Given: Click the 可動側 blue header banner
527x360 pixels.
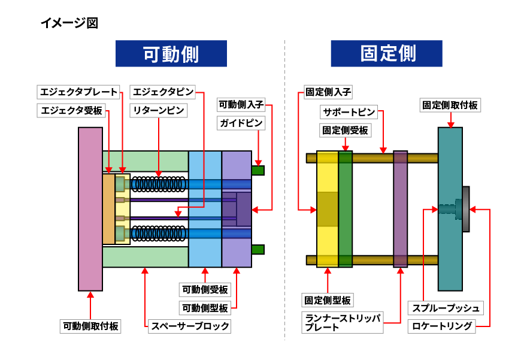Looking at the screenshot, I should point(171,53).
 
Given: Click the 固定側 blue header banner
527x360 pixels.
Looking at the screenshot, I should point(386,53).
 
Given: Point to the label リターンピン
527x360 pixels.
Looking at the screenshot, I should point(159,110).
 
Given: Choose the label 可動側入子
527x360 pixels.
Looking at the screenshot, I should point(241,105).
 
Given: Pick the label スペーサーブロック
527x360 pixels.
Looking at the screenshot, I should point(190,326).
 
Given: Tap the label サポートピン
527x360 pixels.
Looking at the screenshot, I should point(349,112).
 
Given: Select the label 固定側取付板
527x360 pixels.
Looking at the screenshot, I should point(450,105).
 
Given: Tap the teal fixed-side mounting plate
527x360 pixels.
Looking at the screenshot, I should point(450,209).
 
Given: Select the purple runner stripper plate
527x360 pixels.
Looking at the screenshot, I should point(400,209).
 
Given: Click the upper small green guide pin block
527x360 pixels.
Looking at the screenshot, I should point(258,170).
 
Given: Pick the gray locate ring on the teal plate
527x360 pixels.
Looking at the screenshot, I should point(465,209).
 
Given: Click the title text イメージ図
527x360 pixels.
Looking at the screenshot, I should point(68,23).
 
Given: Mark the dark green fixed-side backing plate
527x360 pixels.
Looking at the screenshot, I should point(346,209).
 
